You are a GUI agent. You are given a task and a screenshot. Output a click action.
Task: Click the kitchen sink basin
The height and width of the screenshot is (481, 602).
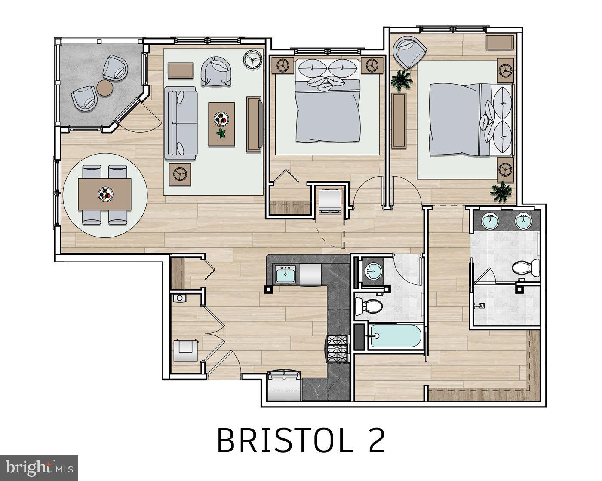coord(285,274)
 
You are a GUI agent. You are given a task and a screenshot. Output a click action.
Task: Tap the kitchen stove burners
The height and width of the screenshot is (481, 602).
coord(337,348)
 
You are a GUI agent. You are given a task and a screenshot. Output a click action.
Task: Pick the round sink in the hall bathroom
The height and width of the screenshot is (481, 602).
coord(373,271)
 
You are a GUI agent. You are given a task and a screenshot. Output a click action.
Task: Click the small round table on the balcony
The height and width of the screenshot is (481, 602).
coord(105,88)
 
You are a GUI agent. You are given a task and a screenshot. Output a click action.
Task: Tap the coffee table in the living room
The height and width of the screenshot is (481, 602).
coord(221,124)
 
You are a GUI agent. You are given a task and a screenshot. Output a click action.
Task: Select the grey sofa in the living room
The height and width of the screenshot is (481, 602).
coord(181,124)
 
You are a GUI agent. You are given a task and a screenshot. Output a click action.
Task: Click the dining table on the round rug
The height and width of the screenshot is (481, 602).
coord(104,195)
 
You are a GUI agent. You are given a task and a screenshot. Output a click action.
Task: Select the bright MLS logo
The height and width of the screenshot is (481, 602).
coord(39,467)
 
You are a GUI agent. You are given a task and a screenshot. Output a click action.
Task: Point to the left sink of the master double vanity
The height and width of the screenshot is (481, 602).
coord(490,222)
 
